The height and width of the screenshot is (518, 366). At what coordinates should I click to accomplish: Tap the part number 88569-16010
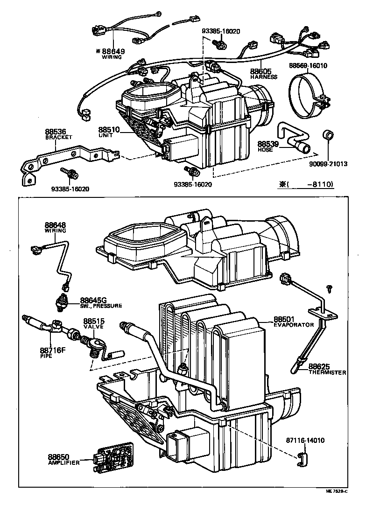click(x=308, y=65)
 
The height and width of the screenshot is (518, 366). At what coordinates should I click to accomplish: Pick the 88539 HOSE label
click(x=268, y=147)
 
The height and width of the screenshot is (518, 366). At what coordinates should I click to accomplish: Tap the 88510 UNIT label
click(x=109, y=132)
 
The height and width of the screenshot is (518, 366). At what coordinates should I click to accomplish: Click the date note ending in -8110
click(x=306, y=184)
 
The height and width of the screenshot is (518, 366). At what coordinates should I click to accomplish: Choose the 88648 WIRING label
click(x=56, y=227)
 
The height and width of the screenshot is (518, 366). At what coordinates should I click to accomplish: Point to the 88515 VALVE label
click(x=94, y=324)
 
